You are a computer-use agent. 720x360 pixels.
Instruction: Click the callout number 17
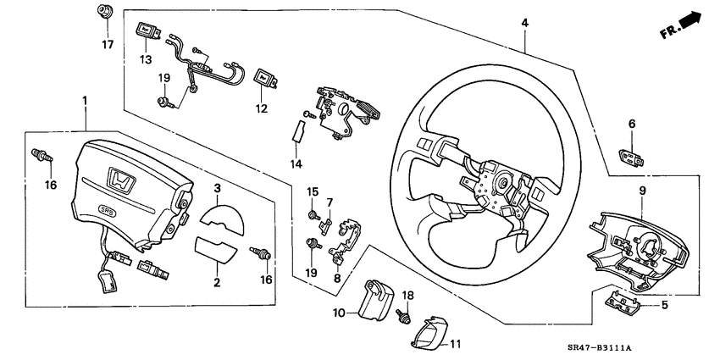(108, 44)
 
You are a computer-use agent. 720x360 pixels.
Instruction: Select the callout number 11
(455, 344)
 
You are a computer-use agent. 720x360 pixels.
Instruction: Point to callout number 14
(296, 163)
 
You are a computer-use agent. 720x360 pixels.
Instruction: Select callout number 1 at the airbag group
(85, 102)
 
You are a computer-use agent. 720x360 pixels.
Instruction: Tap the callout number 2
(217, 282)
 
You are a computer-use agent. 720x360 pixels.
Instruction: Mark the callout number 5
(664, 305)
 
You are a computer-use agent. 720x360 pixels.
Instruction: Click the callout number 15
(312, 191)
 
